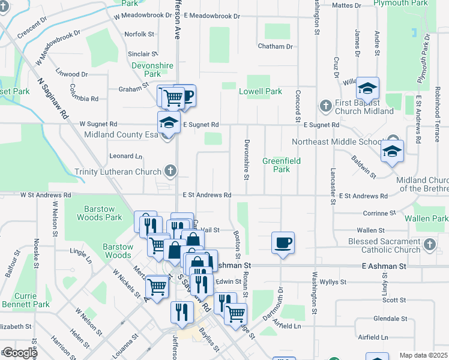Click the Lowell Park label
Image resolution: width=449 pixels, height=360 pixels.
260,92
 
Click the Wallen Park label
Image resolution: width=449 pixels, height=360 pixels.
426,219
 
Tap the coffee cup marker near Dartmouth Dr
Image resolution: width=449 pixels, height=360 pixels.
283,242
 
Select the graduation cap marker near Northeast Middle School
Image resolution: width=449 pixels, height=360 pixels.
391,151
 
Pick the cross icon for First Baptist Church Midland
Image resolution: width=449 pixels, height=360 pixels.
326,106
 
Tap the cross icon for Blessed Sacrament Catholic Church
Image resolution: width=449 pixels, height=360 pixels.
429,245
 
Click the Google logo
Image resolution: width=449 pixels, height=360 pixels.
20,353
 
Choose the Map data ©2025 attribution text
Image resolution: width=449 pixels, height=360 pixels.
424,355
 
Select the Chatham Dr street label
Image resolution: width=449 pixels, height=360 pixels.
275,46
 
